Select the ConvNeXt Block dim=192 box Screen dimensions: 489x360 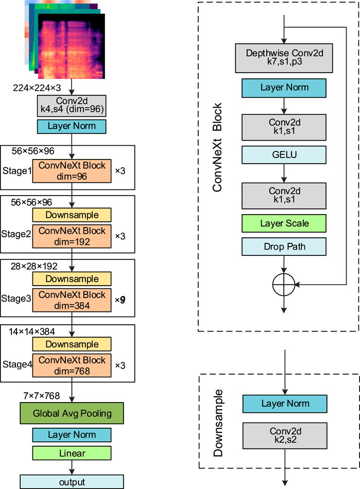pyautogui.click(x=72, y=234)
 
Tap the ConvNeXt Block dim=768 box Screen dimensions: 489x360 pyautogui.click(x=72, y=364)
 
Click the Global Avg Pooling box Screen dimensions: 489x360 pyautogui.click(x=72, y=413)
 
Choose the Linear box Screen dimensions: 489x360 pyautogui.click(x=72, y=453)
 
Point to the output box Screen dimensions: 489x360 pyautogui.click(x=72, y=481)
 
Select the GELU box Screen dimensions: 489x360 pyautogui.click(x=285, y=154)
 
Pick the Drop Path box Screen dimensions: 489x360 pyautogui.click(x=285, y=247)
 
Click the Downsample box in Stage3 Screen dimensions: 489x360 pyautogui.click(x=72, y=278)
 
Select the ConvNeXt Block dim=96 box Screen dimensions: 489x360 pyautogui.click(x=72, y=169)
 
